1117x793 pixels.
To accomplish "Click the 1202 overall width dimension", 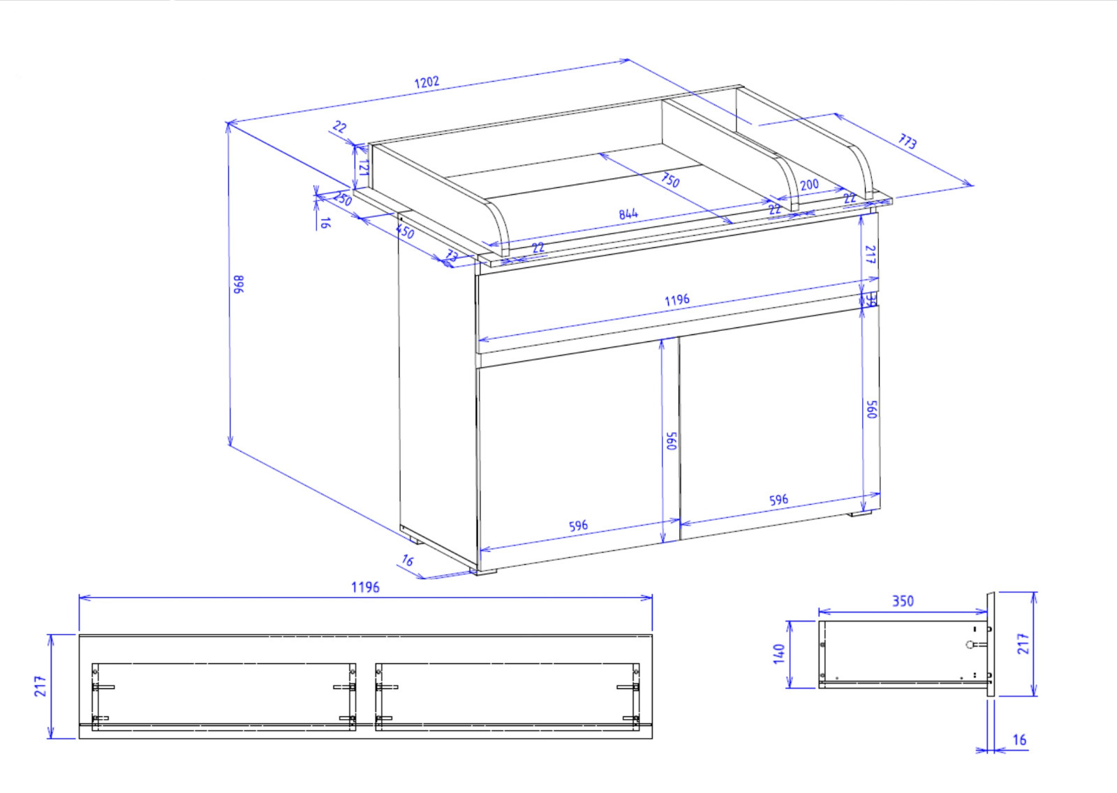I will (x=427, y=82).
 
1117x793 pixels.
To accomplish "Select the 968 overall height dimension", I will (x=239, y=284).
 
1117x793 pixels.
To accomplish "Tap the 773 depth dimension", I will (x=907, y=142).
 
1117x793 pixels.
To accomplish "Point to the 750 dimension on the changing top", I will (x=670, y=180).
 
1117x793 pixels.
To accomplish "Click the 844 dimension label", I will (x=628, y=214).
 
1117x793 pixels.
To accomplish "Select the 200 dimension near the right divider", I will (x=809, y=185).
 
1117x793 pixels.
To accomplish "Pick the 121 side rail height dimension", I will (x=363, y=168).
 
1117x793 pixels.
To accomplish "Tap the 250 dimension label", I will (x=342, y=198).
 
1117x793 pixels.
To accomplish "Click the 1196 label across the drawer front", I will (x=676, y=300).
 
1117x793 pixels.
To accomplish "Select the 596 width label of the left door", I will (x=578, y=526).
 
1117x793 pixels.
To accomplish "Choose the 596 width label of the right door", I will (x=778, y=500).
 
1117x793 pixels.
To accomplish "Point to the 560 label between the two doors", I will (x=672, y=440).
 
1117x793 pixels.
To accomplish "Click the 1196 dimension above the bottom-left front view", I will (x=365, y=587).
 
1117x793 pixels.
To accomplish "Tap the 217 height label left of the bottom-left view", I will (x=40, y=685).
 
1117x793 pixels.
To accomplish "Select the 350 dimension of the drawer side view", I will (x=903, y=601).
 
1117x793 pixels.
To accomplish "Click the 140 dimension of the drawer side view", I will (x=779, y=654).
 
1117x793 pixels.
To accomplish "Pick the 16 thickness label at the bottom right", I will (x=1019, y=740).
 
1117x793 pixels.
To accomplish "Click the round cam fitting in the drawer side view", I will (x=970, y=644).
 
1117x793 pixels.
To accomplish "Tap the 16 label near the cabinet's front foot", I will (x=408, y=560).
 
